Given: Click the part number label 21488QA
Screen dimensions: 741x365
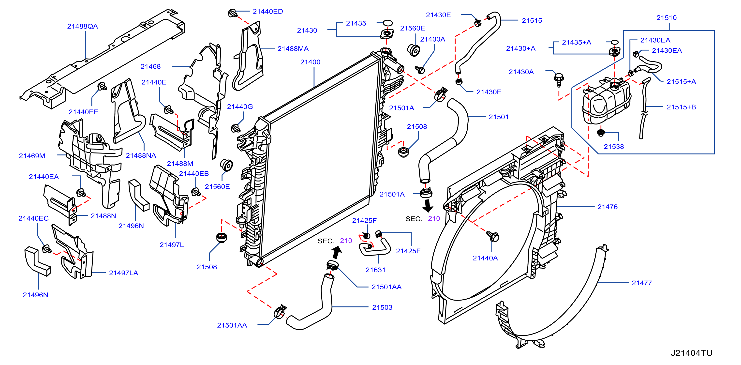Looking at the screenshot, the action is click(x=83, y=26).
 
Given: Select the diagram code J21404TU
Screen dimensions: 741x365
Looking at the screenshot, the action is click(x=692, y=353).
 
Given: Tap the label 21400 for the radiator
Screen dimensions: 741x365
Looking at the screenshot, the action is click(x=310, y=62).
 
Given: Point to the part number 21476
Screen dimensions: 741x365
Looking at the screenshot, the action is click(x=608, y=207).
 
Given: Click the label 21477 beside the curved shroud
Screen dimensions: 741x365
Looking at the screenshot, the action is click(x=642, y=283).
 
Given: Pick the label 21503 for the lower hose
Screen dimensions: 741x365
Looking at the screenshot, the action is click(x=382, y=307).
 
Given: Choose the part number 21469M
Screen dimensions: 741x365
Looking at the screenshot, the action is click(x=32, y=156).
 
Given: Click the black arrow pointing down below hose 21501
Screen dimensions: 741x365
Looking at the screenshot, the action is click(x=428, y=206).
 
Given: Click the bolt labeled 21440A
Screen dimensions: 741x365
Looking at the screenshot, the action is click(x=493, y=236).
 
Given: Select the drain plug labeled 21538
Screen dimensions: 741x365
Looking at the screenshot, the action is click(x=601, y=133).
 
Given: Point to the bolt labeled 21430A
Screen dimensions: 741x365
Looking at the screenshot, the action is click(x=559, y=79).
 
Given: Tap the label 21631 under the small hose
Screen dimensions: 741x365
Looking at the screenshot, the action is click(x=375, y=270).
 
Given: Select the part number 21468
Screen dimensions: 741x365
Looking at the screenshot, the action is click(x=150, y=66).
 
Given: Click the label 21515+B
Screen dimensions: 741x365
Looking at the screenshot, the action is click(x=681, y=107).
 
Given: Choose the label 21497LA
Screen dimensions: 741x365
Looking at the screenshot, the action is click(x=123, y=273).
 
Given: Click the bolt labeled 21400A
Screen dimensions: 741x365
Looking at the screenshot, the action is click(x=420, y=69).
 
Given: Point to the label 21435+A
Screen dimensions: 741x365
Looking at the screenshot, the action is click(x=577, y=42).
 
